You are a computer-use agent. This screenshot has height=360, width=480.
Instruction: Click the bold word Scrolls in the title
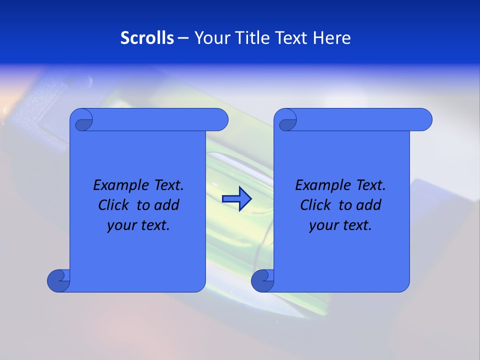pos(147,38)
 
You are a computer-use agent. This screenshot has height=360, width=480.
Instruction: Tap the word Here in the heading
pos(331,38)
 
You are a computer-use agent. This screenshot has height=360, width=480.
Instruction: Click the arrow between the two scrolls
pos(236,199)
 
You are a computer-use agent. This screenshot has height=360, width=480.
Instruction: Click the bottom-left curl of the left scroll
pos(58,280)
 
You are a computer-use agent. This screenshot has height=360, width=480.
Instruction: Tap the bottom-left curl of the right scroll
pos(262,280)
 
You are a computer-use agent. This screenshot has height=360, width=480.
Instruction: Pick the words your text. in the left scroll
pos(138,225)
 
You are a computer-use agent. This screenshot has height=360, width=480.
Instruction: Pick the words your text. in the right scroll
pos(340,225)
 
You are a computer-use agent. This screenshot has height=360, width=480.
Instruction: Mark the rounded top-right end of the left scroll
pos(220,120)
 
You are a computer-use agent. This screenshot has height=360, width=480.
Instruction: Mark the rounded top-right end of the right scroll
pos(424,120)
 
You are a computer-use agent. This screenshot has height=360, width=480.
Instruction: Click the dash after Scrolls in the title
pos(183,38)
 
